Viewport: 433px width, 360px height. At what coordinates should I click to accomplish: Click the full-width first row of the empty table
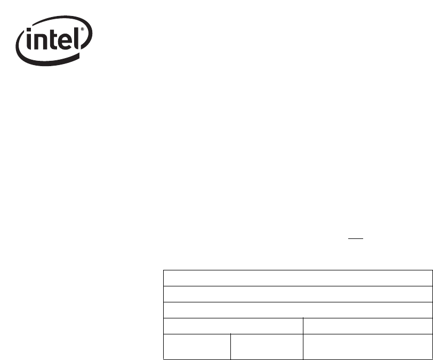tap(298, 278)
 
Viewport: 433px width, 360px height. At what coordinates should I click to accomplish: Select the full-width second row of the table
tap(298, 294)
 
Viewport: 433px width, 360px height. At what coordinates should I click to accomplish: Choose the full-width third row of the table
tap(298, 310)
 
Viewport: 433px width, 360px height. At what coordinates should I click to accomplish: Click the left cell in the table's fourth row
tap(233, 325)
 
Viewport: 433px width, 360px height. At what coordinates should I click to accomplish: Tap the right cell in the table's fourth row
tap(367, 325)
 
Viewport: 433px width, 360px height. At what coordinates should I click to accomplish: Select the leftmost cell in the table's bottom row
tap(197, 346)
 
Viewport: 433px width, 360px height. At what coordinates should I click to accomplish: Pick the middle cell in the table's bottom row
tap(267, 346)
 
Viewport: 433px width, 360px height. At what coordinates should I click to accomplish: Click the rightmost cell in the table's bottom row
tap(367, 346)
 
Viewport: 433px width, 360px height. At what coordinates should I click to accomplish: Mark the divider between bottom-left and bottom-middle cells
tap(231, 346)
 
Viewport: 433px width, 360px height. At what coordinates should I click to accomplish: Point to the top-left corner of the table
tap(163, 271)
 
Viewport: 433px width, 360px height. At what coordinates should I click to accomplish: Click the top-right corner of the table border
tap(432, 271)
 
